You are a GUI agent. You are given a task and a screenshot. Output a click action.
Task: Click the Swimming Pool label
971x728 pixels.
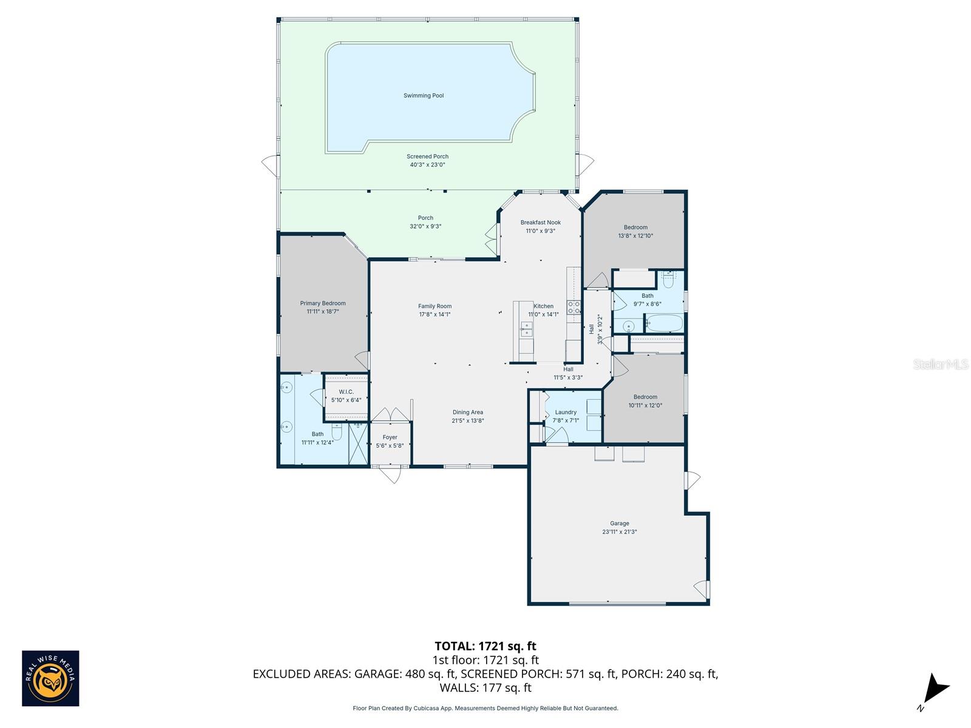[424, 95]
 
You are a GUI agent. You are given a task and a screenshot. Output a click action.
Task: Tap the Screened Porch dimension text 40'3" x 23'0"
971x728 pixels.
[427, 165]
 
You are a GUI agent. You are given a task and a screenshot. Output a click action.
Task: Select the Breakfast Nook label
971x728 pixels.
[540, 222]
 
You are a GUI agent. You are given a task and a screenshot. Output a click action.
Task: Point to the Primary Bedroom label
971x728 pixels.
[322, 303]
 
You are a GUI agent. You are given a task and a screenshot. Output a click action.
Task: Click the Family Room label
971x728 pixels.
[435, 306]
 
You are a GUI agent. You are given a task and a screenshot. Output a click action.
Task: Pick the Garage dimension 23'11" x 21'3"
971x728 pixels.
[620, 532]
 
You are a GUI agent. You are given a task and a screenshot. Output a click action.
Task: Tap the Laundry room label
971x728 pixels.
[566, 413]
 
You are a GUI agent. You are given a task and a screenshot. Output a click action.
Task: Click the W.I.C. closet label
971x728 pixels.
[346, 392]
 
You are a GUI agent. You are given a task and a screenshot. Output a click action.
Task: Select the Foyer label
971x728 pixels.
[390, 437]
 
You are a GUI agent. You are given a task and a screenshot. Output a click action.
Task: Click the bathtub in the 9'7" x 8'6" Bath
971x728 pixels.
[663, 323]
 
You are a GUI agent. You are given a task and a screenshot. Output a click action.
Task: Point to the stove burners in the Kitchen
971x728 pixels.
[573, 308]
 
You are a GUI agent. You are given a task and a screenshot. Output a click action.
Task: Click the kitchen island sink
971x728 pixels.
[526, 329]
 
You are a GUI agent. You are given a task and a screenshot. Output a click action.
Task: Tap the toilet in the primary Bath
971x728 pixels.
[337, 433]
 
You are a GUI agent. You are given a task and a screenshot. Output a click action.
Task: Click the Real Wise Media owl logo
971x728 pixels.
[50, 678]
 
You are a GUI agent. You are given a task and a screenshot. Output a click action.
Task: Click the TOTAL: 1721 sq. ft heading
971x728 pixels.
[486, 646]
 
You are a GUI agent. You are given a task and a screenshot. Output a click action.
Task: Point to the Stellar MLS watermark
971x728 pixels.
[941, 364]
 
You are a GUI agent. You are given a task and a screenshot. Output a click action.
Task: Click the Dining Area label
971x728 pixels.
[467, 413]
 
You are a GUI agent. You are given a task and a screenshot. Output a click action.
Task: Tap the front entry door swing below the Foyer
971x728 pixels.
[391, 474]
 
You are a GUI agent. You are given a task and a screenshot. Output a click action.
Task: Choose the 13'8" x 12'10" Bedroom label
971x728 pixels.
[635, 227]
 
